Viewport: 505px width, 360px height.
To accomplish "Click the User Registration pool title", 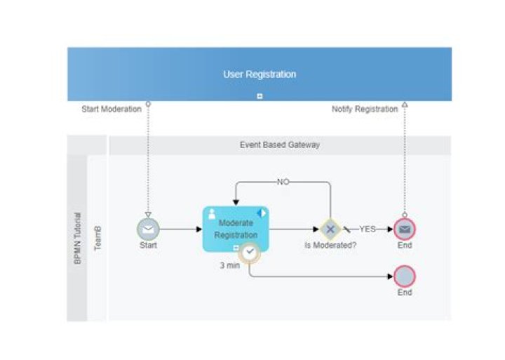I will tap(259, 74).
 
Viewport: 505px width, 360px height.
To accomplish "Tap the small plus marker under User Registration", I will tap(260, 96).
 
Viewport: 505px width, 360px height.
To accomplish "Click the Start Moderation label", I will tap(112, 109).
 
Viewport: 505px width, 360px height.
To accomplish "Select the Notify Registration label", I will tap(364, 109).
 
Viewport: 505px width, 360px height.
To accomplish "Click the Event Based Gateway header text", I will tap(279, 145).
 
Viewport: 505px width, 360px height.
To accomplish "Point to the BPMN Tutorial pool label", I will tap(77, 238).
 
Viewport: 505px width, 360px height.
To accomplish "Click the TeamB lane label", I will tap(97, 238).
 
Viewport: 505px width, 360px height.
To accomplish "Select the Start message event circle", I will tap(148, 229).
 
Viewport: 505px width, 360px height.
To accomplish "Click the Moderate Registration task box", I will tap(236, 229).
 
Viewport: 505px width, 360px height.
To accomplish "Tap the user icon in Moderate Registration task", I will tap(212, 213).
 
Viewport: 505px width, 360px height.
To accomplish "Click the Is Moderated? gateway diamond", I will tap(330, 229).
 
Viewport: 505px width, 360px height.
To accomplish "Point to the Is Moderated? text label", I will tap(330, 246).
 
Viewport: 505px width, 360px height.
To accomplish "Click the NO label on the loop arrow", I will tap(283, 182).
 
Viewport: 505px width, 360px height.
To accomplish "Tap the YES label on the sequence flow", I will tap(368, 229).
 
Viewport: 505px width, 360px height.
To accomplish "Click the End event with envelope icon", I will tap(405, 229).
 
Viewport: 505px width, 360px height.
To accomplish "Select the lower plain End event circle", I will tap(405, 276).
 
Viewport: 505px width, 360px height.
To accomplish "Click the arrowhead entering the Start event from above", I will tap(148, 215).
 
